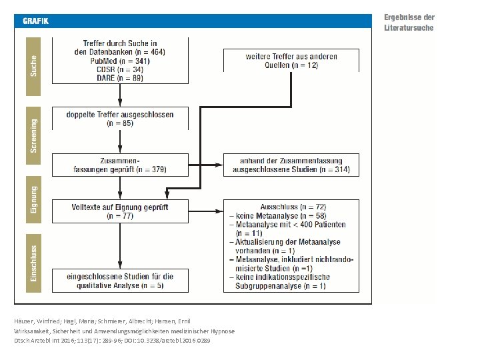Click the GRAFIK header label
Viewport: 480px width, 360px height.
(x=35, y=21)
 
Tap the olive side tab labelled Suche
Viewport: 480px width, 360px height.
(x=33, y=67)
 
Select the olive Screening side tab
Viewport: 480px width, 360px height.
(x=33, y=135)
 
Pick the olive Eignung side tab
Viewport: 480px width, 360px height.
(x=33, y=199)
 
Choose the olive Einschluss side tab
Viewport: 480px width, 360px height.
(x=33, y=263)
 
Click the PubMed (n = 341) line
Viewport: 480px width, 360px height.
(x=120, y=61)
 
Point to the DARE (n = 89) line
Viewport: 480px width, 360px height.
(x=120, y=78)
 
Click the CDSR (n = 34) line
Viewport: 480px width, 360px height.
(x=120, y=69)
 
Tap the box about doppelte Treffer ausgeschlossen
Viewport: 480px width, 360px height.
(x=120, y=119)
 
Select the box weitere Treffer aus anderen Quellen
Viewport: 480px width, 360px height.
(x=291, y=60)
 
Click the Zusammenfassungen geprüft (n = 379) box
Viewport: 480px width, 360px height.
(x=120, y=165)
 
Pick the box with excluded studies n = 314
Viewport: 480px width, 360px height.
(x=291, y=165)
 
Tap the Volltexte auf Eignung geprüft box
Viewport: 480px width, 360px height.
(x=120, y=211)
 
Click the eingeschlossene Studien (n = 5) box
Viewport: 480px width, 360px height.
(x=120, y=281)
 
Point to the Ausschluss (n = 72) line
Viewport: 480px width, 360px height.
(x=293, y=207)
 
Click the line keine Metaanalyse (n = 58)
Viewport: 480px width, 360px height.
(x=278, y=216)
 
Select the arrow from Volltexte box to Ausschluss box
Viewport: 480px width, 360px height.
(x=206, y=211)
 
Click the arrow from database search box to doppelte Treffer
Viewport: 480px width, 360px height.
(x=120, y=95)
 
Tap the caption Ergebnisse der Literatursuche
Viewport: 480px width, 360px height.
(x=409, y=23)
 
